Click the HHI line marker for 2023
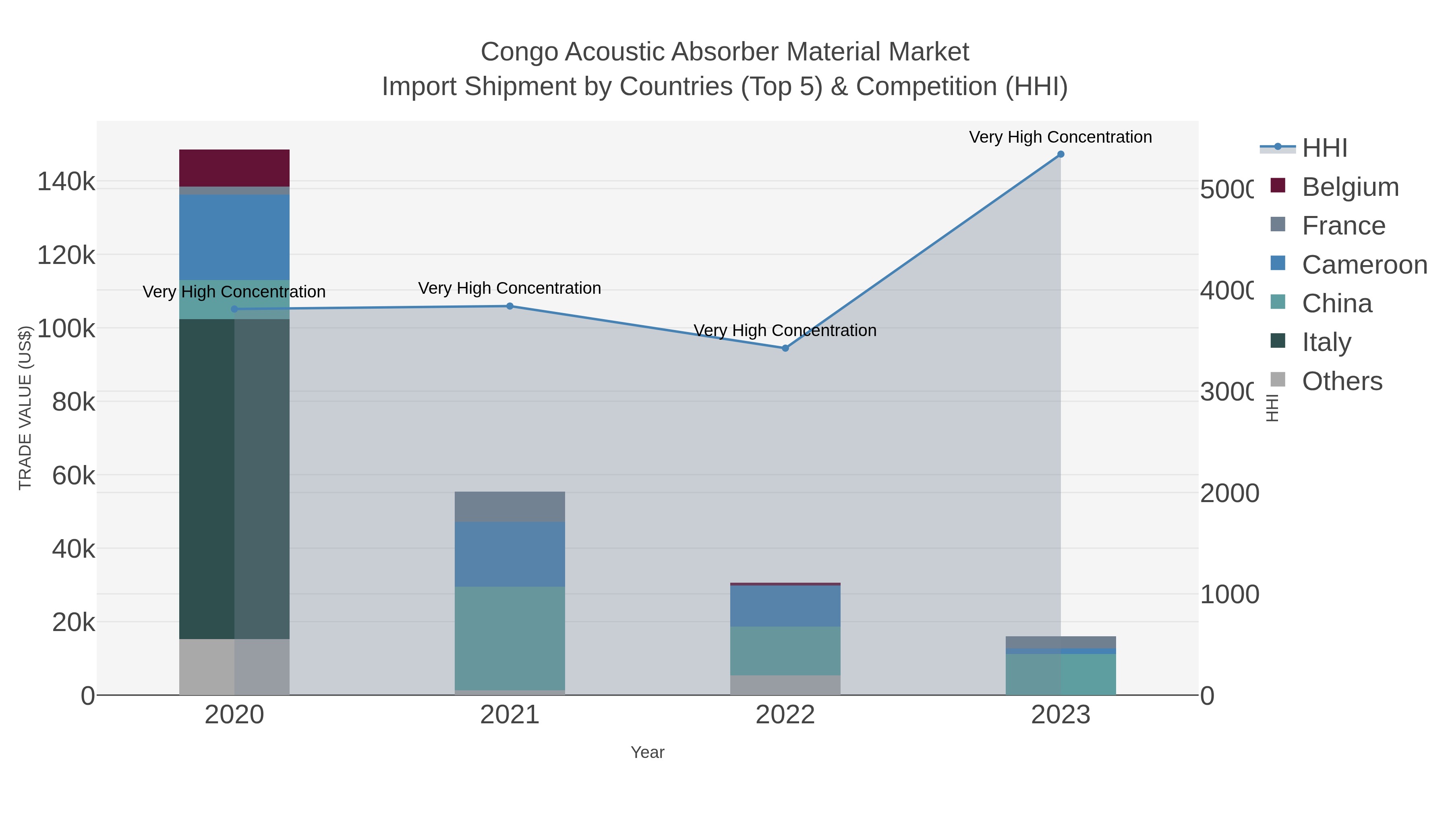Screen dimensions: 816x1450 point(1061,154)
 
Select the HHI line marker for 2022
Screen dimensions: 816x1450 point(785,348)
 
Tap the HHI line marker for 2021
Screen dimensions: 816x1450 point(510,306)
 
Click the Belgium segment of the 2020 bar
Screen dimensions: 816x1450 point(234,168)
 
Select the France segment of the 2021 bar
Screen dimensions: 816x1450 point(510,507)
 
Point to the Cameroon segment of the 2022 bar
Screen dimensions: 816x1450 point(785,606)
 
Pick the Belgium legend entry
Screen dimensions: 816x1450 point(1350,187)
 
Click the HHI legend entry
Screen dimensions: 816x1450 point(1324,148)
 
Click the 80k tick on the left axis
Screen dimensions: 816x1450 point(73,402)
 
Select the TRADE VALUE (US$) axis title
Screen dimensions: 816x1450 point(25,408)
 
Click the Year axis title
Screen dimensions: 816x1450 point(647,752)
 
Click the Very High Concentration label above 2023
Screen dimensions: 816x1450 point(1061,137)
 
